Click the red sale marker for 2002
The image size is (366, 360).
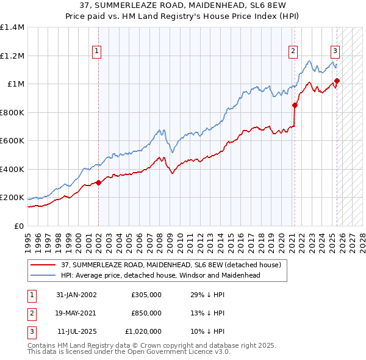tap(98, 182)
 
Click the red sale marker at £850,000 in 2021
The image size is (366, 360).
tap(295, 105)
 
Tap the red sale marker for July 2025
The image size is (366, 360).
tap(337, 81)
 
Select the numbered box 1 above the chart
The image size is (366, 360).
tap(98, 51)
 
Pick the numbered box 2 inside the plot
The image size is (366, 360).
tap(293, 51)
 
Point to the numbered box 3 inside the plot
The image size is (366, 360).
tap(335, 51)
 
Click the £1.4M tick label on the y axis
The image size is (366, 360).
tap(12, 27)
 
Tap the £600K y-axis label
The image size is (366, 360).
tap(12, 141)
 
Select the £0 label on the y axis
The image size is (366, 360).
tap(19, 226)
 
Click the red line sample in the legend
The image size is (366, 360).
tap(43, 265)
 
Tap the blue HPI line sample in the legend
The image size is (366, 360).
tap(43, 275)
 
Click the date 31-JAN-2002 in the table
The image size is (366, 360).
tap(76, 295)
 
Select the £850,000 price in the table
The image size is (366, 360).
tap(146, 313)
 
